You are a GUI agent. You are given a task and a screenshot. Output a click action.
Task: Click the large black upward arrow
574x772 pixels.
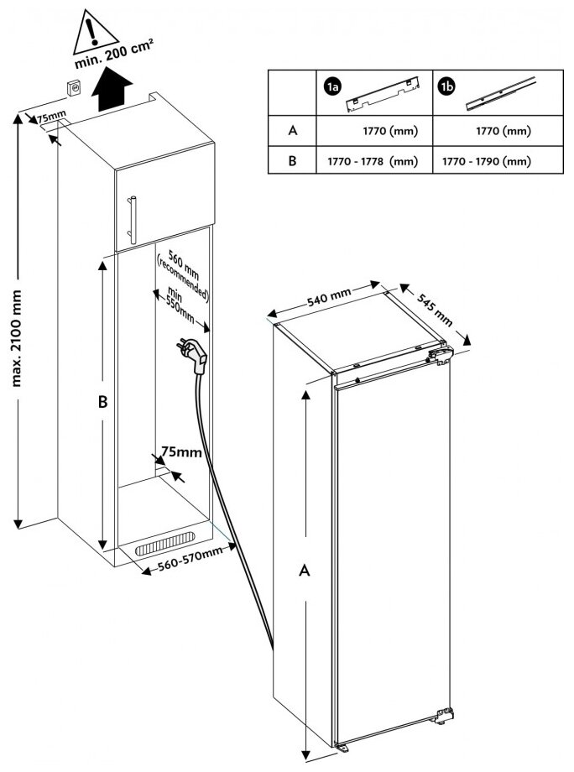tap(111, 91)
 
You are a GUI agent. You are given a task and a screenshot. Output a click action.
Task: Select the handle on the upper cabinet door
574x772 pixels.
tap(131, 216)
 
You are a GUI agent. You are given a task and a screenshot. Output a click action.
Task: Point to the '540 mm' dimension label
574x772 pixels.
tap(329, 300)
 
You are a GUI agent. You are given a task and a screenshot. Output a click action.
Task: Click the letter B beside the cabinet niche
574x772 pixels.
tap(102, 403)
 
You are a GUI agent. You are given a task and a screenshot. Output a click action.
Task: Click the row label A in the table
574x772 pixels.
tap(292, 131)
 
